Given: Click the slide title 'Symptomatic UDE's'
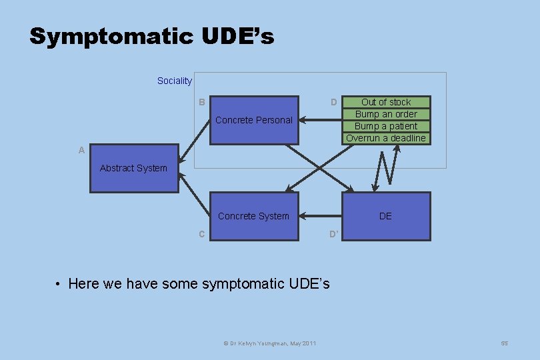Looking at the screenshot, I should coord(151,37).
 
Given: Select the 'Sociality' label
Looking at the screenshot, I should coord(174,81).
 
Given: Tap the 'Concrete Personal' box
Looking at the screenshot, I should coord(254,120).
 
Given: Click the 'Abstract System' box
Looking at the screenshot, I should coord(134,168).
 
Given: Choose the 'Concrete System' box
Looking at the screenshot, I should coord(254,216).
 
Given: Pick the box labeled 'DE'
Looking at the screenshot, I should coord(386,216).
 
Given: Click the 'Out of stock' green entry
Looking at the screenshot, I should coord(386,102).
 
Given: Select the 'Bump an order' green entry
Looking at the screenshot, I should coord(386,114).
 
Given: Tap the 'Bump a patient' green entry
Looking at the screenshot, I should coord(386,126).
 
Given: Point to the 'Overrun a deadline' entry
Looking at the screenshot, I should coord(386,138).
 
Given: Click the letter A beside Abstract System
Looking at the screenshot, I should coord(81,151).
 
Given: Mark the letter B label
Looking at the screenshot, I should coord(201,102).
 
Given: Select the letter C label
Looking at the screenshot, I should coord(201,234).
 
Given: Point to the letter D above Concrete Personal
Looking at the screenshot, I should coord(333,102).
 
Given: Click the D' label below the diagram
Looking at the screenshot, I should coord(334,234).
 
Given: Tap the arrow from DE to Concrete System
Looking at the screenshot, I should coord(321,216).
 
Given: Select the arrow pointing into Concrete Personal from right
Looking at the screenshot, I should coord(321,120).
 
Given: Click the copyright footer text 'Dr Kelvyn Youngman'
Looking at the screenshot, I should coord(269,343).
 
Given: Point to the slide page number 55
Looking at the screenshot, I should coord(504,343).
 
